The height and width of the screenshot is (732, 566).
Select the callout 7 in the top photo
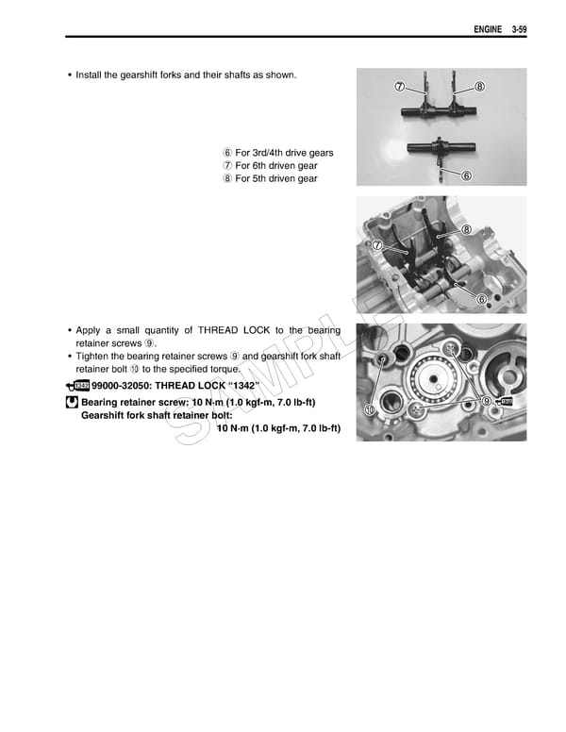[x=400, y=87]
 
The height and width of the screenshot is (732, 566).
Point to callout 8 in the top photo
[x=479, y=87]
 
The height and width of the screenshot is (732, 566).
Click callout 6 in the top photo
[x=467, y=176]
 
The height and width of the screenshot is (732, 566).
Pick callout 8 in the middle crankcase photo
[x=467, y=230]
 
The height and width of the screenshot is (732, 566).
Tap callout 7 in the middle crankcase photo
[x=377, y=245]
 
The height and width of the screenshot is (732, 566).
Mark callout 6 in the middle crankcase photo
[x=481, y=299]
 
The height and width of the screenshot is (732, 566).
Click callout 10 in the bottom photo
[x=369, y=409]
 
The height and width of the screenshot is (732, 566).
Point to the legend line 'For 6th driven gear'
[x=275, y=166]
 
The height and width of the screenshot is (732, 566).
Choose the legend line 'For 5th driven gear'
[x=275, y=179]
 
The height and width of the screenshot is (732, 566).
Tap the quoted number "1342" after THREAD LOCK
[x=240, y=387]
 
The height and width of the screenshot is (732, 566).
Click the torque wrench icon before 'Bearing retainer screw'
[x=72, y=402]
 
